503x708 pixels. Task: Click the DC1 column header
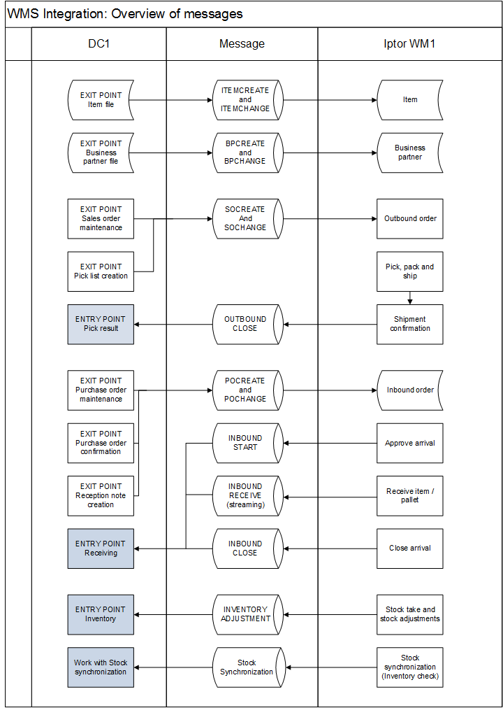point(99,44)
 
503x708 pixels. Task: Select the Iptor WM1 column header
point(410,44)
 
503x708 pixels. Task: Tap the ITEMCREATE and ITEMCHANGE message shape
point(247,100)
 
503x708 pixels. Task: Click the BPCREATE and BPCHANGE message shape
point(247,153)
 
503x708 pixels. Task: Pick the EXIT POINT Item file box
point(101,100)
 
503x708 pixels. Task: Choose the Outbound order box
point(410,218)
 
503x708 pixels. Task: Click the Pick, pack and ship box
point(410,271)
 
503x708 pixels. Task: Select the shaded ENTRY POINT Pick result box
point(101,324)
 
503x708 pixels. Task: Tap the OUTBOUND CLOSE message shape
point(247,324)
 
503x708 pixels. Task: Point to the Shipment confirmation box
point(410,324)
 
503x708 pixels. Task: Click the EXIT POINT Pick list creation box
point(101,271)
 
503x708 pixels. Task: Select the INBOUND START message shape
point(247,443)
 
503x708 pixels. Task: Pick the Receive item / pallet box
point(410,496)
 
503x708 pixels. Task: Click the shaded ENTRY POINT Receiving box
point(101,548)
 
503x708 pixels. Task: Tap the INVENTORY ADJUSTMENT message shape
point(247,614)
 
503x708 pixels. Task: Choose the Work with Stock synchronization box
point(101,667)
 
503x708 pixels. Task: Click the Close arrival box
point(410,548)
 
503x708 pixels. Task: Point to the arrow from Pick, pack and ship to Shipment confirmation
point(410,298)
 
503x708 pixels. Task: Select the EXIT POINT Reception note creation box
point(101,496)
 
